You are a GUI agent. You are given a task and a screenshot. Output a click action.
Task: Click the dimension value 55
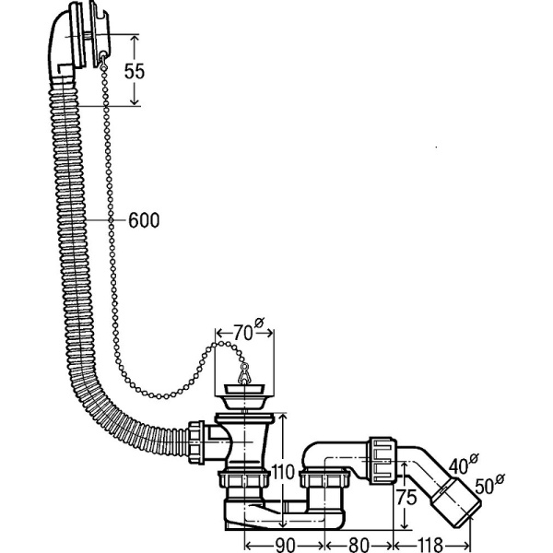pos(135,71)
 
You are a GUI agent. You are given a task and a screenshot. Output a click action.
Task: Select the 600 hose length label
pos(144,220)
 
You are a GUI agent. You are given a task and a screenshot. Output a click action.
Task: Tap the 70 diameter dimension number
pos(242,333)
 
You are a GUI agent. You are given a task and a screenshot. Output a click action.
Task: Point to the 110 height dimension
pos(283,472)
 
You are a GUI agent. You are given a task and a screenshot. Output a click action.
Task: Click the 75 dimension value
pos(406,498)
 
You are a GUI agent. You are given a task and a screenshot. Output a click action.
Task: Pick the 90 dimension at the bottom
pos(285,545)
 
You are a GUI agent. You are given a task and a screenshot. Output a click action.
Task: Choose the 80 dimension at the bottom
pos(359,545)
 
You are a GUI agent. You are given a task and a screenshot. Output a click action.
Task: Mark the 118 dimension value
pos(431,545)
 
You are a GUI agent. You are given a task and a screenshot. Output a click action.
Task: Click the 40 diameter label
pos(459,465)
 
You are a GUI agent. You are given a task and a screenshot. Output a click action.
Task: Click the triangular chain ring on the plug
pos(243,374)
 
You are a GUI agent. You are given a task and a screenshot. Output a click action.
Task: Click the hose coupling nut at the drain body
pos(196,441)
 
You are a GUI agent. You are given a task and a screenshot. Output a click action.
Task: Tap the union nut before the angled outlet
pos(382,460)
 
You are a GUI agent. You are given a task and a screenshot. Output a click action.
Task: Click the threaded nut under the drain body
pos(243,479)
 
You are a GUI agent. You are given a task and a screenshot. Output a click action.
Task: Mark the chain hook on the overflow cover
pos(102,60)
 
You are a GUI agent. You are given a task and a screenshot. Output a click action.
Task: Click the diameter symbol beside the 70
pos(259,323)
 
